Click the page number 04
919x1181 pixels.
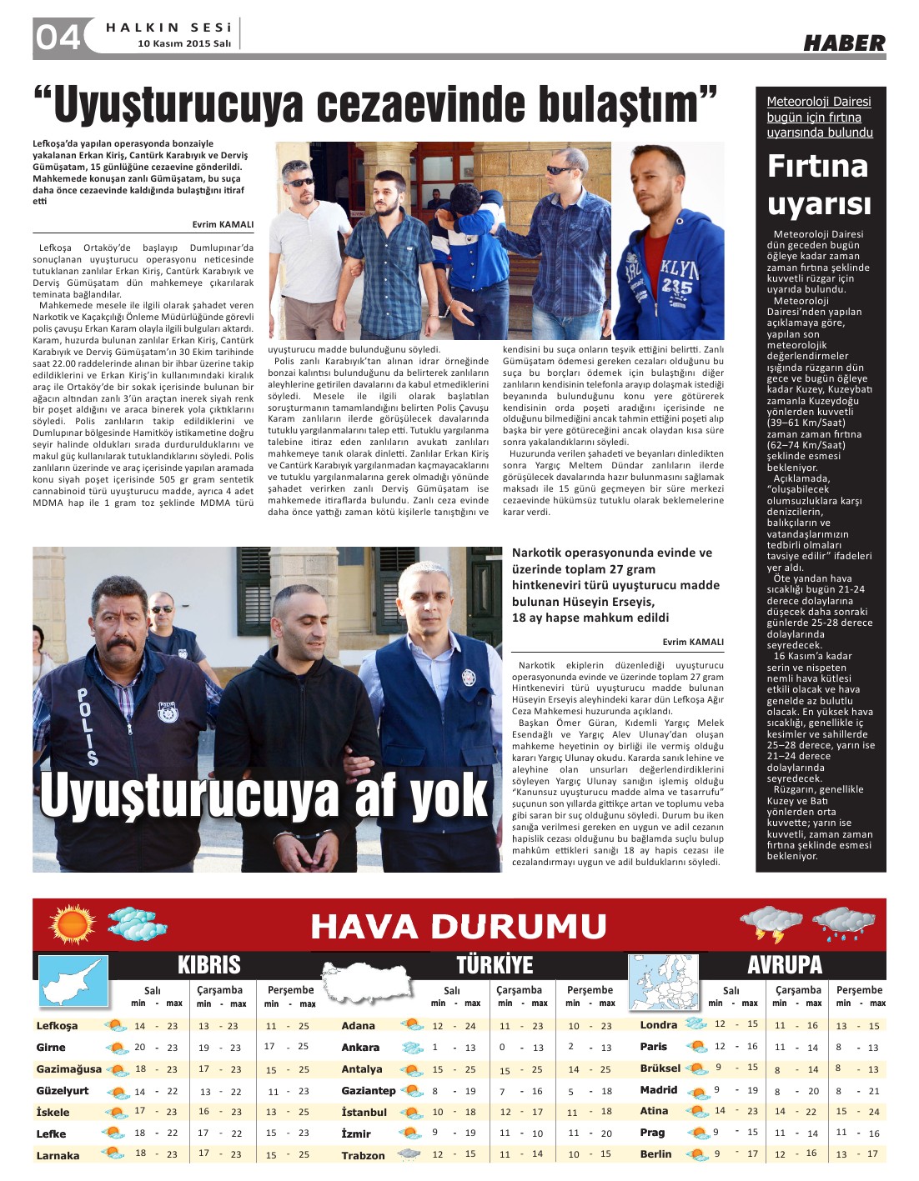(x=58, y=38)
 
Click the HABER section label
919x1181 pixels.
(x=844, y=43)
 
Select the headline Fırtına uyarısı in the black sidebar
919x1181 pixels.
(x=818, y=184)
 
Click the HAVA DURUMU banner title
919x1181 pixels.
(x=458, y=926)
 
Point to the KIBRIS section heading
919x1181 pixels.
(x=208, y=965)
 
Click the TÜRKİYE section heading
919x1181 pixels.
(x=494, y=965)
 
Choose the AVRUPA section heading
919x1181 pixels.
(x=785, y=965)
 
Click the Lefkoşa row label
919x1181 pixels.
(x=57, y=1026)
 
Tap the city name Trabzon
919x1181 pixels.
(x=363, y=1155)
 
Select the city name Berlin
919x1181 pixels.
(x=655, y=1153)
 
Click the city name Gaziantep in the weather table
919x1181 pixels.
(x=368, y=1090)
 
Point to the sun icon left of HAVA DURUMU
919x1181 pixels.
(x=72, y=923)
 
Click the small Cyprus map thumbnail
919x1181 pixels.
(x=73, y=983)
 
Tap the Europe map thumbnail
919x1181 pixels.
(x=662, y=983)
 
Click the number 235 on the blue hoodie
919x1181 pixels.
(x=677, y=286)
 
